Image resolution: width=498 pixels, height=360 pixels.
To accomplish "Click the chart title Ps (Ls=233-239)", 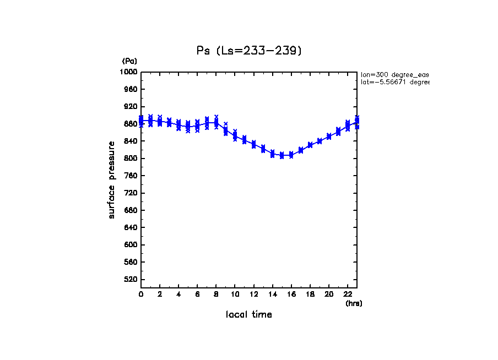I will [249, 51].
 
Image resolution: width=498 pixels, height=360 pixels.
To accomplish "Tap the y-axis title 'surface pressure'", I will [112, 179].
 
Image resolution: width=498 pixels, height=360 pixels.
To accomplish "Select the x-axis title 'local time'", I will [248, 315].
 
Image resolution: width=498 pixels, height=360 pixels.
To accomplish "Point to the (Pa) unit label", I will [129, 61].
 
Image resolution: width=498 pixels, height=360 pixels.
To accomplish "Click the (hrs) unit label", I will [354, 303].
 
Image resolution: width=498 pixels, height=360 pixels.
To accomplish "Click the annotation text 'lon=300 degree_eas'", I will [394, 74].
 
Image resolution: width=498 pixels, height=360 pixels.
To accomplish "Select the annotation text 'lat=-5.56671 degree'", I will [394, 82].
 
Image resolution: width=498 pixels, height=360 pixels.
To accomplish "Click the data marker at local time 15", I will [282, 156].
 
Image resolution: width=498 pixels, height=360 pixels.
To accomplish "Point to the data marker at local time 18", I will [310, 145].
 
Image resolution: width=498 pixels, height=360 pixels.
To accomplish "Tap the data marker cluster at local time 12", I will [253, 144].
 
